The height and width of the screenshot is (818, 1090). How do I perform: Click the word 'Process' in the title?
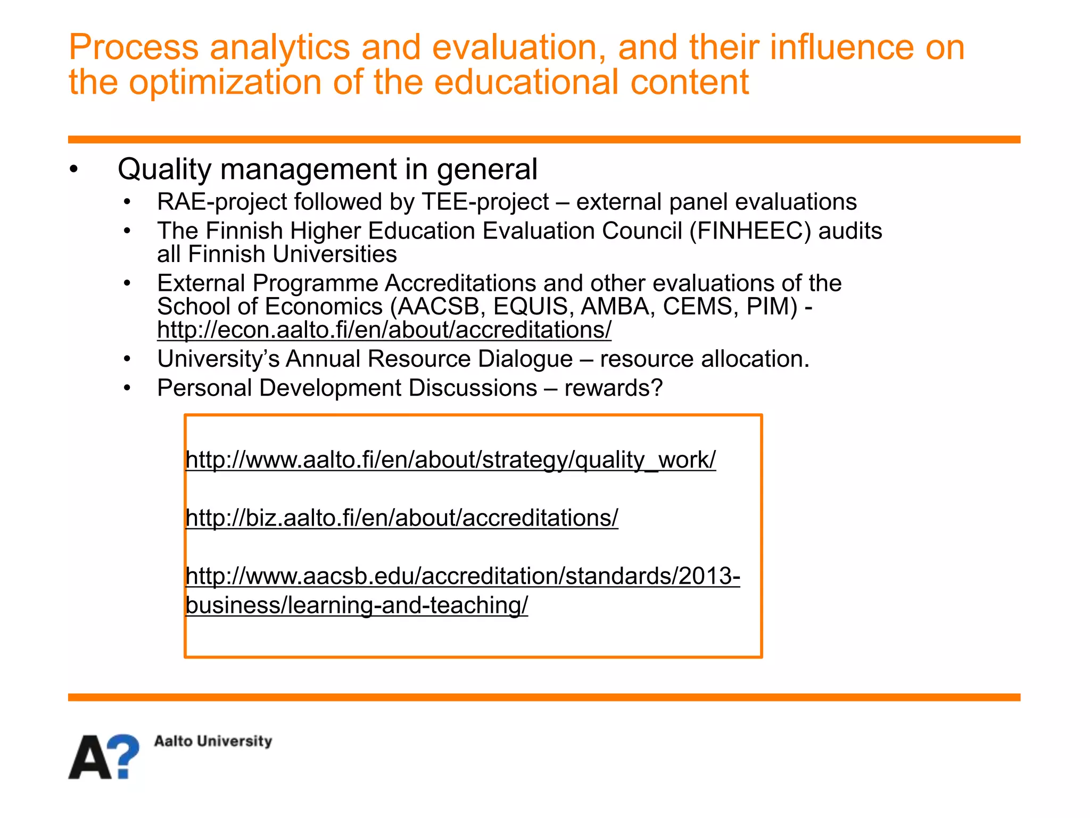134,47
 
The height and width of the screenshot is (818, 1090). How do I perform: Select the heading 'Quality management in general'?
327,169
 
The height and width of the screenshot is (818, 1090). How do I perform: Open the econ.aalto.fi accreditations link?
384,330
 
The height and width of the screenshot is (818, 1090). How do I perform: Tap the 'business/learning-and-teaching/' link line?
357,606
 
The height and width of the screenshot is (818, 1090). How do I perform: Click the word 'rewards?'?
614,388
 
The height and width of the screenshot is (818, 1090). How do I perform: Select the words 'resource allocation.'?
705,359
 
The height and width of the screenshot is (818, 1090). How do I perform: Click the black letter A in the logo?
90,758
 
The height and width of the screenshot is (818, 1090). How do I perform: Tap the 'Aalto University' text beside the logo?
213,741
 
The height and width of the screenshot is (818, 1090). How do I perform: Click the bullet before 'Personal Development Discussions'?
127,388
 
